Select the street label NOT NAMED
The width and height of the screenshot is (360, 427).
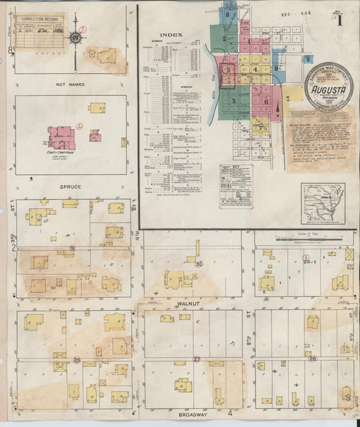pos(70,85)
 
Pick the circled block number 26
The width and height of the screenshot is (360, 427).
pos(76,359)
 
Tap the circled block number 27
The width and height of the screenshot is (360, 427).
pos(197,359)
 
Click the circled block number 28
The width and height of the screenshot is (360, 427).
pos(312,359)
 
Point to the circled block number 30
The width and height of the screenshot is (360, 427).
pos(198,264)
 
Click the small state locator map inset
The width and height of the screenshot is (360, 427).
pos(323,203)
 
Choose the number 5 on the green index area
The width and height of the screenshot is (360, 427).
pos(233,101)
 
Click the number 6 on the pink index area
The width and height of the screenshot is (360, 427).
pos(266,101)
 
